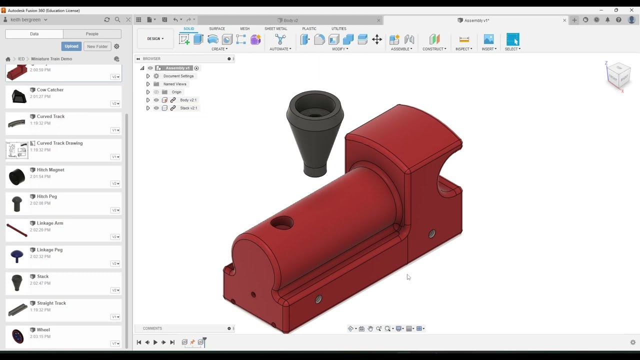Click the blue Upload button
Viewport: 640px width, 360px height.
point(71,46)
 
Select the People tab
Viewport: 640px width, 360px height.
point(92,34)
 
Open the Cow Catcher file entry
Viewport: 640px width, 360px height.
point(50,90)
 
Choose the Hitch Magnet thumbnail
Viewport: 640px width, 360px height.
point(17,176)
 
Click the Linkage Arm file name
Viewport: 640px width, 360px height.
point(49,223)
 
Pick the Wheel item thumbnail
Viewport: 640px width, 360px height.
point(17,336)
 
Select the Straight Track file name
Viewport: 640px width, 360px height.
point(51,303)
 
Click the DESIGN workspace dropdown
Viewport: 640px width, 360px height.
point(155,39)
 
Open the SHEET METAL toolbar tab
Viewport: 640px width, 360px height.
point(275,28)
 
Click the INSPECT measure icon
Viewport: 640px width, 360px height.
point(463,39)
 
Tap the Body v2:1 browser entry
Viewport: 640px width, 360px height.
point(188,100)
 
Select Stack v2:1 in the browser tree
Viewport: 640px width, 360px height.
point(188,108)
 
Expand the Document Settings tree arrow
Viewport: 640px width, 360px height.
point(148,76)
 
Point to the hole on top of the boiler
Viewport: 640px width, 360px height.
point(282,223)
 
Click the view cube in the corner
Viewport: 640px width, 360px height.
point(618,74)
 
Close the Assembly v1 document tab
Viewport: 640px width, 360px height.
point(564,20)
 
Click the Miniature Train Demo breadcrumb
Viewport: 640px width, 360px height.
point(51,59)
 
